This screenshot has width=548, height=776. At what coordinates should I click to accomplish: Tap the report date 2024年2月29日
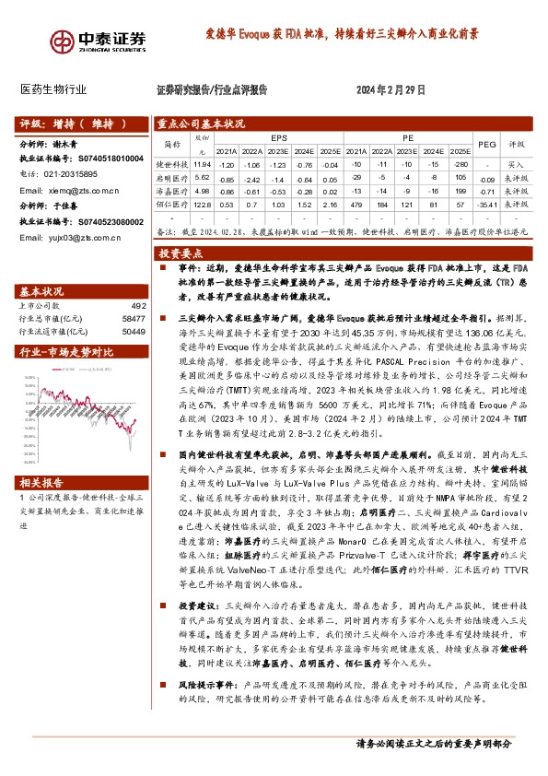pyautogui.click(x=391, y=89)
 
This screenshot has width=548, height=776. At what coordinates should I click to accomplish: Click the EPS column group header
pyautogui.click(x=278, y=135)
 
